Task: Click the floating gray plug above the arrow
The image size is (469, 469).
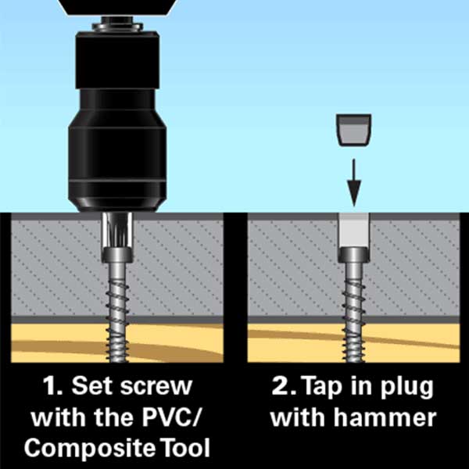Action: tap(354, 130)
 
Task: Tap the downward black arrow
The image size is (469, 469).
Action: tap(354, 183)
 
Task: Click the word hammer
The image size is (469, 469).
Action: tap(385, 417)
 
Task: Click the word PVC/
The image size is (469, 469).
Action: tap(170, 417)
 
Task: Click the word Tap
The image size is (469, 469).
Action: tap(321, 388)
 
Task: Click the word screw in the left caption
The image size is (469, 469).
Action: tap(156, 388)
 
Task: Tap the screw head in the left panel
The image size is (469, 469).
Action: tap(117, 255)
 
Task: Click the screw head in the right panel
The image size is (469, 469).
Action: tap(354, 255)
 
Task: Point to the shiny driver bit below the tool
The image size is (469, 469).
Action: tap(117, 230)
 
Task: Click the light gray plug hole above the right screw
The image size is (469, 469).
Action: tap(354, 231)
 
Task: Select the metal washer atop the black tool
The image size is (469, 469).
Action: tap(117, 26)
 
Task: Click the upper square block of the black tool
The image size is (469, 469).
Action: tap(117, 60)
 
